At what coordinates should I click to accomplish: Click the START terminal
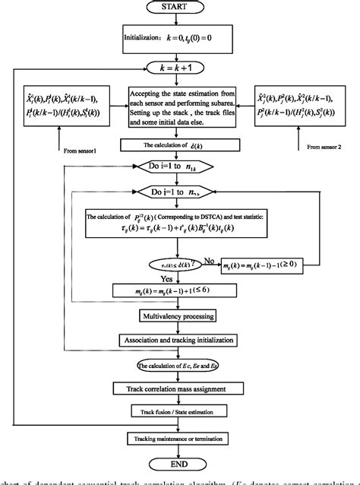coord(181,9)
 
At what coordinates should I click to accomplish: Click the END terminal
coord(180,464)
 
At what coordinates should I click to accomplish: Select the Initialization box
coord(180,36)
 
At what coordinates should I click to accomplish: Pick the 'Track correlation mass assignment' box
coord(180,388)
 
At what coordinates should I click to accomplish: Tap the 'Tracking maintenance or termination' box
coord(180,439)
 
